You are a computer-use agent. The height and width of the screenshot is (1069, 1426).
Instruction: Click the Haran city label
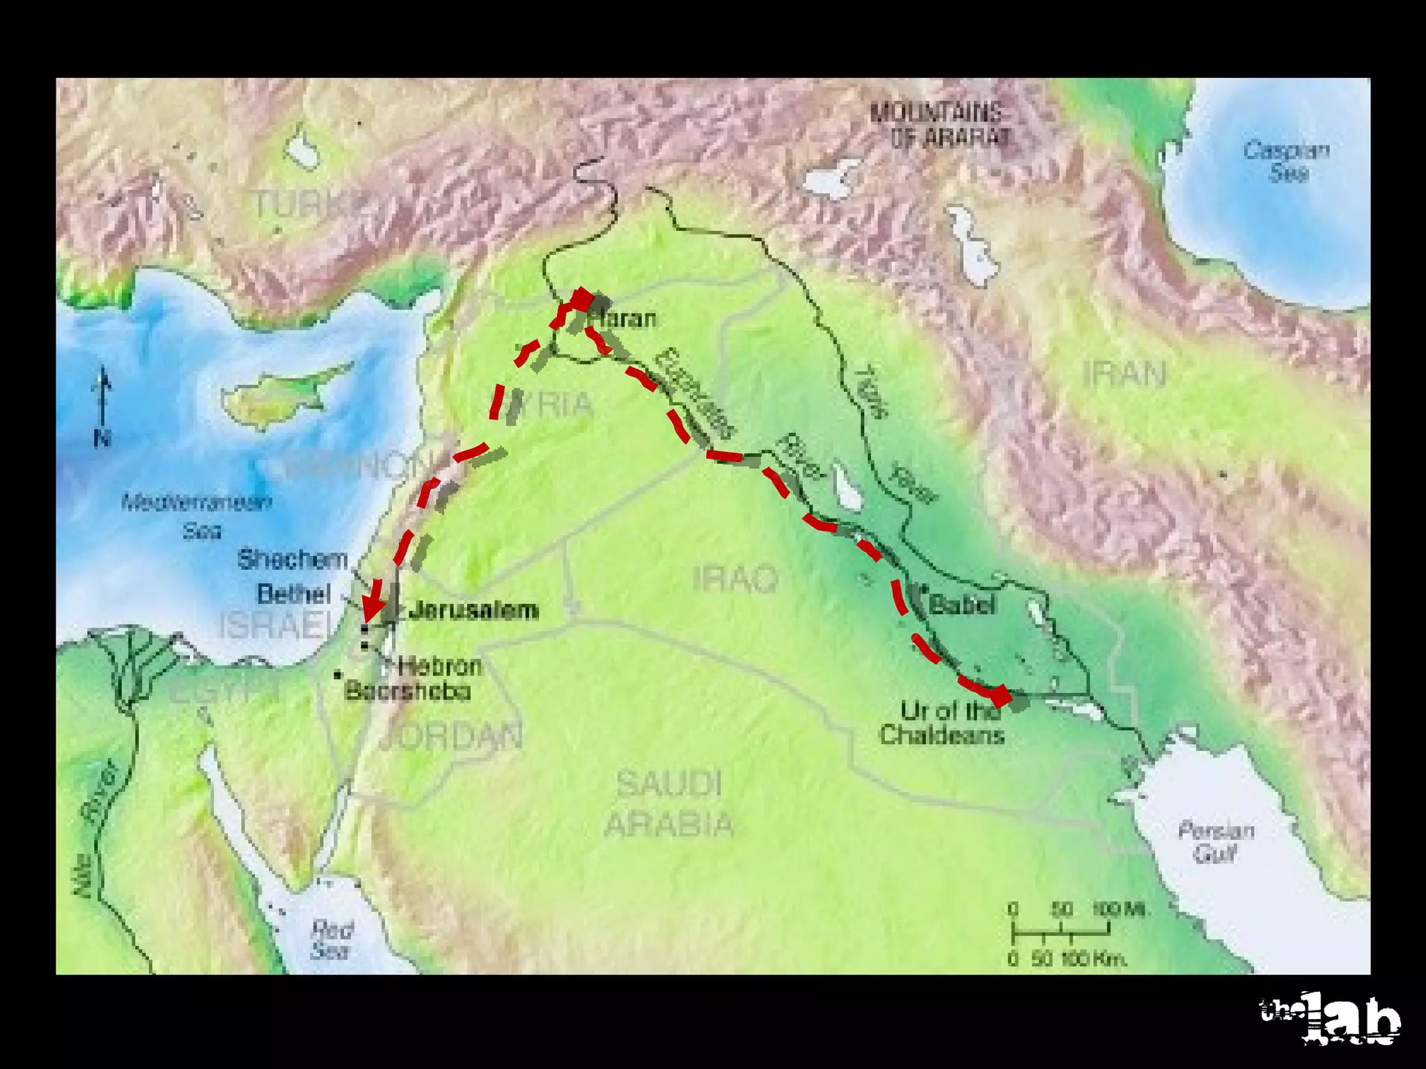(x=622, y=319)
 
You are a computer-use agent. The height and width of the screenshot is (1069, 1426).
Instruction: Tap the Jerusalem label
(x=473, y=610)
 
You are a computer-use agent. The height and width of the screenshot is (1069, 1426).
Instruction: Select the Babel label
(x=962, y=605)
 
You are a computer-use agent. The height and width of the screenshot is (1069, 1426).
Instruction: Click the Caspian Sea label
(x=1287, y=161)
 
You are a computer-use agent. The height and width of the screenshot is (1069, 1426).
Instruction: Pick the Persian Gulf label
(x=1216, y=841)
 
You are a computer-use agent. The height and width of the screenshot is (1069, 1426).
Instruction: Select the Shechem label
(x=292, y=560)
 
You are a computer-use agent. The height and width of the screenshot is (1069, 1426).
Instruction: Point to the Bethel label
(x=294, y=594)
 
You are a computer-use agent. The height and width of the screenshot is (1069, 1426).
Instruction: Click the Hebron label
(x=439, y=666)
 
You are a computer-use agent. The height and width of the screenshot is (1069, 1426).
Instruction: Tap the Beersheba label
(x=408, y=691)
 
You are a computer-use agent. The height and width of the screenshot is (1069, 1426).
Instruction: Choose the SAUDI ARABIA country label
(x=668, y=804)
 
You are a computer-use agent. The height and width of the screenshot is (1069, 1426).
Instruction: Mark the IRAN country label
(x=1125, y=375)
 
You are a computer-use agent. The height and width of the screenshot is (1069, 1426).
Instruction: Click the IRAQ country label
(x=735, y=579)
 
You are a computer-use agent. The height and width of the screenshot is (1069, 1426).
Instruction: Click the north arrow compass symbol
(x=103, y=407)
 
